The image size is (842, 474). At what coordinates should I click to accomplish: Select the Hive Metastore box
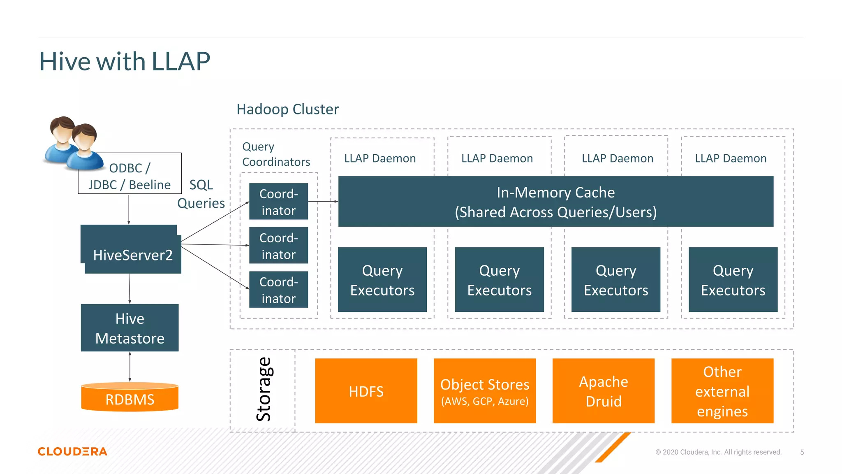(130, 328)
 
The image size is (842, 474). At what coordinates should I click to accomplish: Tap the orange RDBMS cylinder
(130, 398)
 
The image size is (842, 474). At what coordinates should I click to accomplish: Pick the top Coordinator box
(278, 202)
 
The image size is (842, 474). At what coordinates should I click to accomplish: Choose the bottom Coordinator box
(278, 290)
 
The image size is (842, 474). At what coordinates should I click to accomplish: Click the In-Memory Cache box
(555, 202)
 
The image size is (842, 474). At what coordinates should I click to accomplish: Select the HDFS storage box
(366, 391)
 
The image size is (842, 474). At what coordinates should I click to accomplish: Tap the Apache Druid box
(603, 391)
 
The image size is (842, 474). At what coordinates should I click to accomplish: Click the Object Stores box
(485, 391)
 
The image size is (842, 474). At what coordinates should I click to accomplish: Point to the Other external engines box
(722, 391)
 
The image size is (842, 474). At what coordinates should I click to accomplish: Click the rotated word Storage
(264, 389)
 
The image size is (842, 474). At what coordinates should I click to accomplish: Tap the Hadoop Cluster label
(287, 109)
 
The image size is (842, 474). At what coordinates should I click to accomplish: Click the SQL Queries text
(201, 194)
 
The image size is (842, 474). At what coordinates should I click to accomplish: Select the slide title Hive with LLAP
(124, 62)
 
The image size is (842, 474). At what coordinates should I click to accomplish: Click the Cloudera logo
(72, 451)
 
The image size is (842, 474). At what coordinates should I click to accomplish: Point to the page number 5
(802, 452)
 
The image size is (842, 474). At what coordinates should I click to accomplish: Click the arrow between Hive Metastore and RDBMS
(130, 367)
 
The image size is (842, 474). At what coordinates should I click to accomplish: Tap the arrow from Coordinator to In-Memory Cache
(323, 202)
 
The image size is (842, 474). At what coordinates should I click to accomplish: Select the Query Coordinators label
(275, 154)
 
